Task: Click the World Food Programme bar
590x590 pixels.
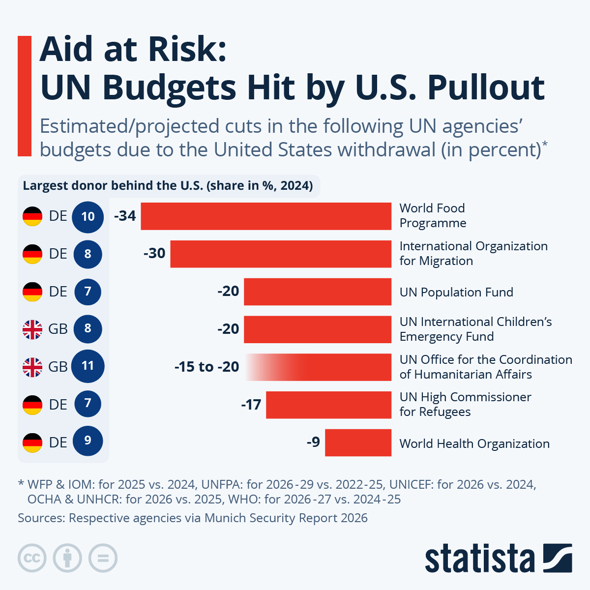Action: [266, 216]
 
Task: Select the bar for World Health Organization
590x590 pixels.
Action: [358, 442]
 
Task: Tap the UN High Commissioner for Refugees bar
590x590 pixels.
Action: [328, 405]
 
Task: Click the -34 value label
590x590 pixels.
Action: [125, 216]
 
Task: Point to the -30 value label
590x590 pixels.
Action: [154, 253]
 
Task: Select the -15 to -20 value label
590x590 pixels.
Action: [206, 367]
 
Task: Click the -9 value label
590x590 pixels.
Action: [313, 442]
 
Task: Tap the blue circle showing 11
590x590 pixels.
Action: [88, 366]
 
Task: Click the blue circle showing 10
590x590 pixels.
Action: [88, 216]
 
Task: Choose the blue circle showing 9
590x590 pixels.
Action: [88, 441]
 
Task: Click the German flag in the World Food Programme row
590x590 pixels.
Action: [32, 216]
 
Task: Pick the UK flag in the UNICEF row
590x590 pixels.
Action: [32, 329]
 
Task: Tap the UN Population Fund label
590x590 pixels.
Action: [456, 292]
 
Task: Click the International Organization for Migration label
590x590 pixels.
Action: [473, 253]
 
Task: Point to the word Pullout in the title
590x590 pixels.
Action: [486, 88]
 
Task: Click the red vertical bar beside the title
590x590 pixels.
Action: [25, 96]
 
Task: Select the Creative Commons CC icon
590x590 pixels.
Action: [32, 558]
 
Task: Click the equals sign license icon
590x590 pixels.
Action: [103, 558]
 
